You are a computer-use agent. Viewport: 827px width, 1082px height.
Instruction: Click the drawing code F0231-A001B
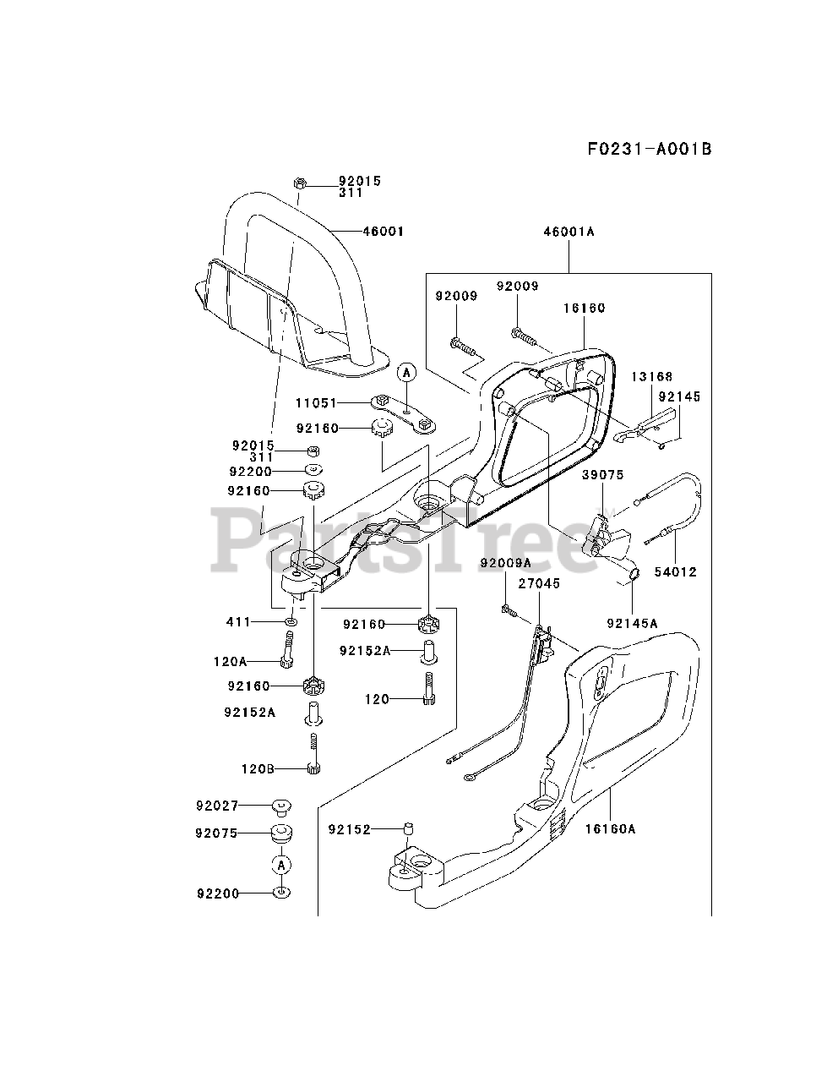click(x=650, y=150)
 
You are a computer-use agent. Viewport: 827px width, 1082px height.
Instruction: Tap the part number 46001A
click(x=569, y=231)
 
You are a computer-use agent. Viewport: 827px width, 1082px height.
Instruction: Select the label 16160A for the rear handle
click(x=609, y=829)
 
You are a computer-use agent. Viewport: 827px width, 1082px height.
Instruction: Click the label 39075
click(x=602, y=475)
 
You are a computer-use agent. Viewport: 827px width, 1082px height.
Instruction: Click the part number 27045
click(x=539, y=583)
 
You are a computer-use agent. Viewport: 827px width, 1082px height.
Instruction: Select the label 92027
click(x=217, y=806)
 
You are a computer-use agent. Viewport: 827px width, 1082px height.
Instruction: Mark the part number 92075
click(x=217, y=833)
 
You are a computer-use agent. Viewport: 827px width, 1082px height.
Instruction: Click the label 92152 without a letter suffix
click(x=348, y=830)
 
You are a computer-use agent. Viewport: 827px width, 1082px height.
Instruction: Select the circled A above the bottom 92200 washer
click(x=281, y=864)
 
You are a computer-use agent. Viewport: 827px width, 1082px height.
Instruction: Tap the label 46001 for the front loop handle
click(x=384, y=231)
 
